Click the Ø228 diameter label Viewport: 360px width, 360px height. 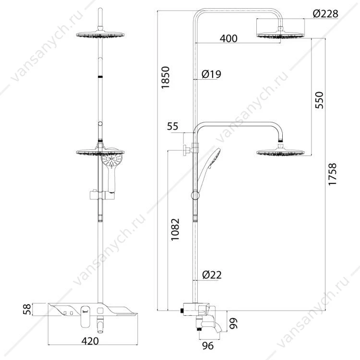point(325,14)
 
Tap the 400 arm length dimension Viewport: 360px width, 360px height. point(228,38)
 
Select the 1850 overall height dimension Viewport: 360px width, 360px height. point(165,77)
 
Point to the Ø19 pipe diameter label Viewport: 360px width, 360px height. point(211,74)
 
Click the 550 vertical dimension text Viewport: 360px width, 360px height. point(319,100)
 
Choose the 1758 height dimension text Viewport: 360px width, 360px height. point(332,174)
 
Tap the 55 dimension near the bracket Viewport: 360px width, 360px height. point(173,126)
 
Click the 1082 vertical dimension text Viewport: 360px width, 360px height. point(175,229)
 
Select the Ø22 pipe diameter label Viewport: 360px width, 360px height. point(212,275)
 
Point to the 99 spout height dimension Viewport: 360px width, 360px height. point(233,323)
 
